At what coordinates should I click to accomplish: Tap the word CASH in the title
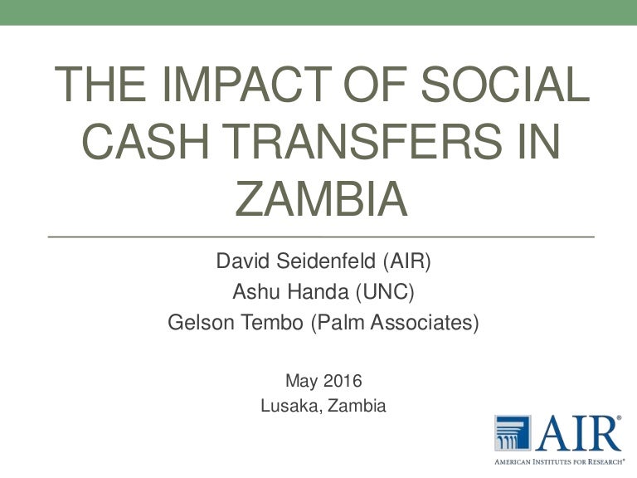pos(145,141)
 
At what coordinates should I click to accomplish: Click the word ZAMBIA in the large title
pos(321,199)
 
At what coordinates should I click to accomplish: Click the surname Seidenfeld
pos(326,261)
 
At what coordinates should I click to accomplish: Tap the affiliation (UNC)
pos(385,292)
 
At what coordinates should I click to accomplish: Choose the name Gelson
pos(201,322)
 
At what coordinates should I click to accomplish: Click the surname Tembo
pos(273,322)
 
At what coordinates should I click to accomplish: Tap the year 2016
pos(343,381)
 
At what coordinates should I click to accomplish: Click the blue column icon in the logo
pos(513,432)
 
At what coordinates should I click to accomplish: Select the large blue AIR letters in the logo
pos(578,433)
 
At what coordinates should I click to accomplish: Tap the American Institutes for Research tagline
pos(559,461)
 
